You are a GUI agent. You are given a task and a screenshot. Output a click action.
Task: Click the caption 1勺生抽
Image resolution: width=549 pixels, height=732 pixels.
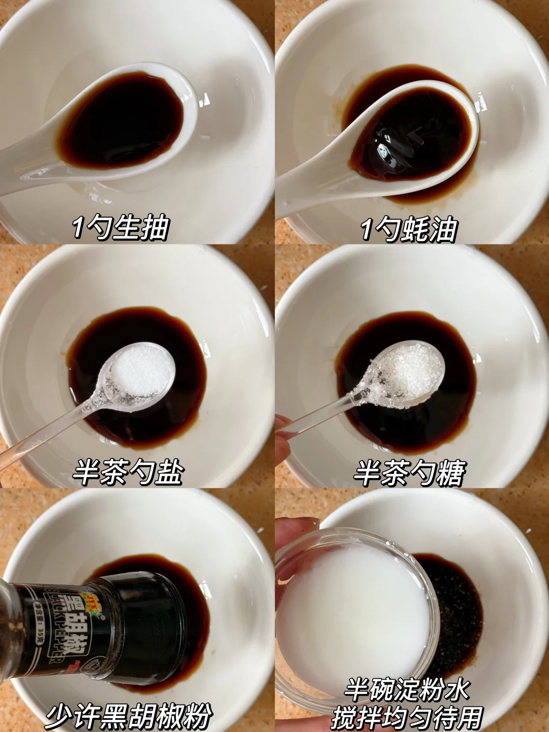(x=120, y=228)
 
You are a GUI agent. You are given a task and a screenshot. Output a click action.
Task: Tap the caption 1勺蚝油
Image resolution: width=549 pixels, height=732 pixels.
(x=409, y=228)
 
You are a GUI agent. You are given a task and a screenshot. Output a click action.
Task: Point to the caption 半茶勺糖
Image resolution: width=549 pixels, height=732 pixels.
(x=409, y=472)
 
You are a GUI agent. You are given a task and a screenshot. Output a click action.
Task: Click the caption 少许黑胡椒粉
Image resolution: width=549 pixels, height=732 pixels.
(x=129, y=714)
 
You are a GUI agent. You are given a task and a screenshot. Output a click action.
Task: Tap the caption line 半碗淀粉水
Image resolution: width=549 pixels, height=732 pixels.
(x=407, y=670)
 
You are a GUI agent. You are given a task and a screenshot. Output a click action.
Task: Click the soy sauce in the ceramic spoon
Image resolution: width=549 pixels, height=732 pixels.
(x=120, y=119)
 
